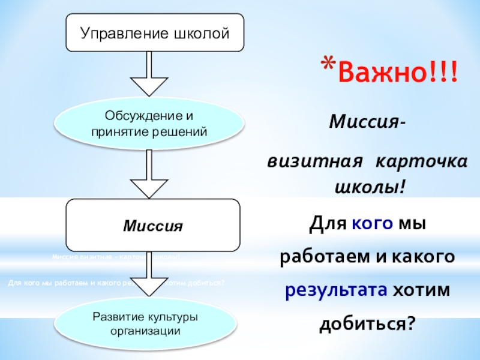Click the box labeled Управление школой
[x=155, y=32]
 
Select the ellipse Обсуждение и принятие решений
[x=149, y=122]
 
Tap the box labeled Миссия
[x=152, y=226]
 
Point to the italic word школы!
[x=369, y=187]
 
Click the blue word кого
[x=372, y=226]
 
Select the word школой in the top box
[x=203, y=32]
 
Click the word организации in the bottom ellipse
[x=149, y=330]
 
